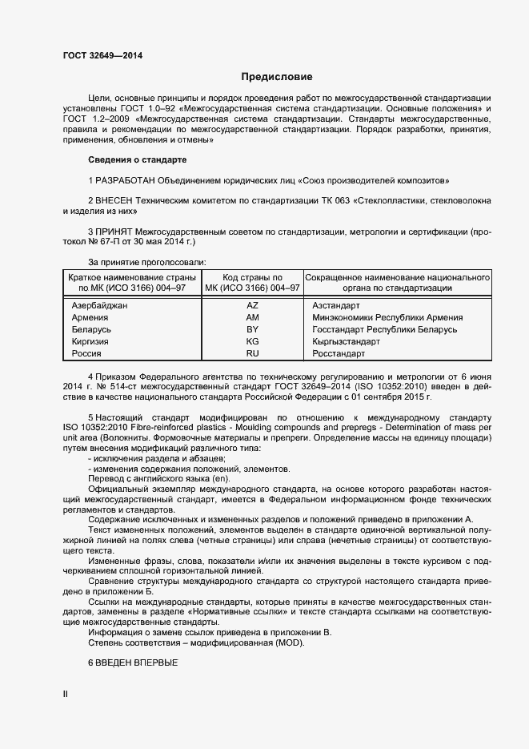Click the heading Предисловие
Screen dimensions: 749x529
pyautogui.click(x=277, y=78)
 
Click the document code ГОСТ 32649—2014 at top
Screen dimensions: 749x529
pyautogui.click(x=103, y=56)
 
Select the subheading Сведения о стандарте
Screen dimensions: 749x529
pyautogui.click(x=136, y=159)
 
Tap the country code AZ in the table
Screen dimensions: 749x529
pyautogui.click(x=252, y=305)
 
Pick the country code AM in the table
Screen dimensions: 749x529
pyautogui.click(x=252, y=317)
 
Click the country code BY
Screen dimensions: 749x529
pyautogui.click(x=252, y=329)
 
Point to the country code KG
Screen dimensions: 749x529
pyautogui.click(x=252, y=341)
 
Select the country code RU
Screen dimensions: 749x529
pyautogui.click(x=252, y=353)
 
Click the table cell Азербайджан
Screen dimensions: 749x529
pyautogui.click(x=99, y=305)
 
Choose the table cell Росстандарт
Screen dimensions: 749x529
pyautogui.click(x=339, y=353)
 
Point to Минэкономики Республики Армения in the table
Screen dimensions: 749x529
pyautogui.click(x=387, y=317)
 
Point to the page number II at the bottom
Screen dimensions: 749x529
pyautogui.click(x=66, y=694)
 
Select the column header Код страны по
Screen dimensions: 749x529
pyautogui.click(x=252, y=276)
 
